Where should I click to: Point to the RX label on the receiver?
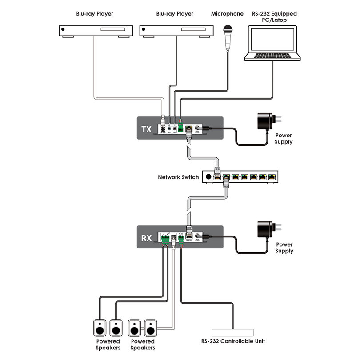146,238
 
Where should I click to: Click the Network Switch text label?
178,177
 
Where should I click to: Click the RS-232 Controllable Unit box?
232,332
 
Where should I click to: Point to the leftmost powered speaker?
100,328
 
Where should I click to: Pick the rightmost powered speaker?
150,328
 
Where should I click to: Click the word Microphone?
228,14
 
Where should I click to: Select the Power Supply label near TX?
284,139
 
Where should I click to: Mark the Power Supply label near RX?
284,248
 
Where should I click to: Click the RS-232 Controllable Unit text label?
232,341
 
